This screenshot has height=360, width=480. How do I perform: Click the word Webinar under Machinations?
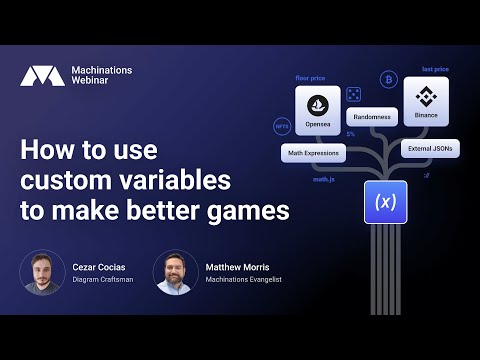pyautogui.click(x=95, y=83)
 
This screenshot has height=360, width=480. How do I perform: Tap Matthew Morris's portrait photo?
pyautogui.click(x=176, y=273)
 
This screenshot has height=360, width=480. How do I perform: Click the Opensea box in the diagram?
pyautogui.click(x=318, y=111)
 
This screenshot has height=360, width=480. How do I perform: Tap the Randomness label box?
pyautogui.click(x=371, y=117)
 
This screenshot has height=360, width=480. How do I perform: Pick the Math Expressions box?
pyautogui.click(x=313, y=153)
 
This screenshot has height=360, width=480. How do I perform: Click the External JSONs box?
pyautogui.click(x=430, y=148)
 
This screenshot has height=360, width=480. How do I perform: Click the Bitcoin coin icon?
pyautogui.click(x=387, y=79)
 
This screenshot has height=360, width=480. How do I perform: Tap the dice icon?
pyautogui.click(x=354, y=93)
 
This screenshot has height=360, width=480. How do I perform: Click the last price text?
pyautogui.click(x=435, y=70)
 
